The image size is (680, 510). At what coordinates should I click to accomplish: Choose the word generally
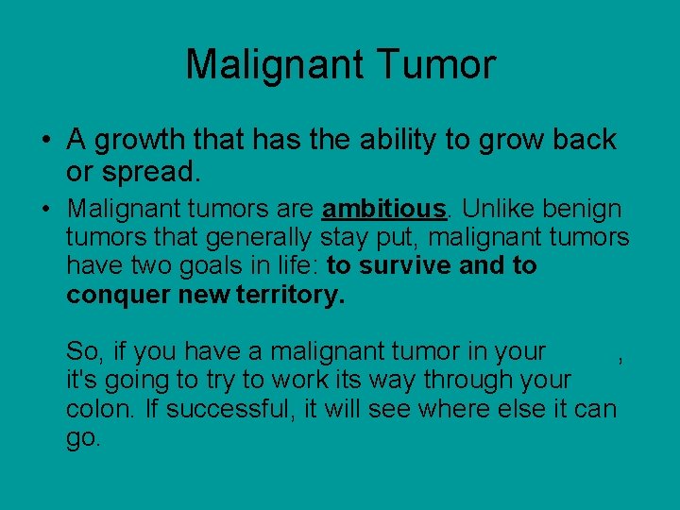tap(260, 236)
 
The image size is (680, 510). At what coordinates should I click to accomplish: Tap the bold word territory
tap(294, 295)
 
